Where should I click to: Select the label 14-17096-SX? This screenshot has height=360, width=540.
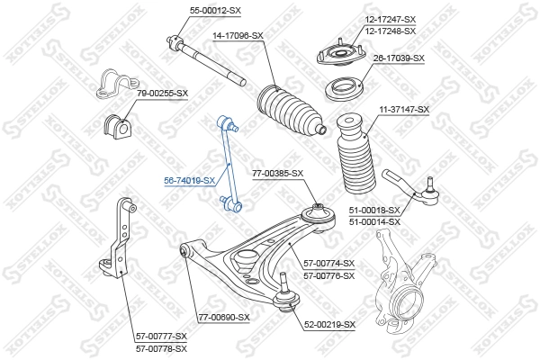[238, 35]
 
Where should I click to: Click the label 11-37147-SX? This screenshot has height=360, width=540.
[403, 109]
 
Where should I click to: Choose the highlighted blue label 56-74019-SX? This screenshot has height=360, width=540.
[189, 180]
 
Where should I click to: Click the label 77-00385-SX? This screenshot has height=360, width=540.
[277, 173]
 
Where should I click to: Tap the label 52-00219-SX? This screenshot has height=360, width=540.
[330, 324]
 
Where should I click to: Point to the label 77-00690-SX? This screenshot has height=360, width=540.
[223, 317]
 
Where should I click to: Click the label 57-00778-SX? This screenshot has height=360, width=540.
[161, 347]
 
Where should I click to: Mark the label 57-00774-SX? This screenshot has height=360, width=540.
[329, 263]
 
